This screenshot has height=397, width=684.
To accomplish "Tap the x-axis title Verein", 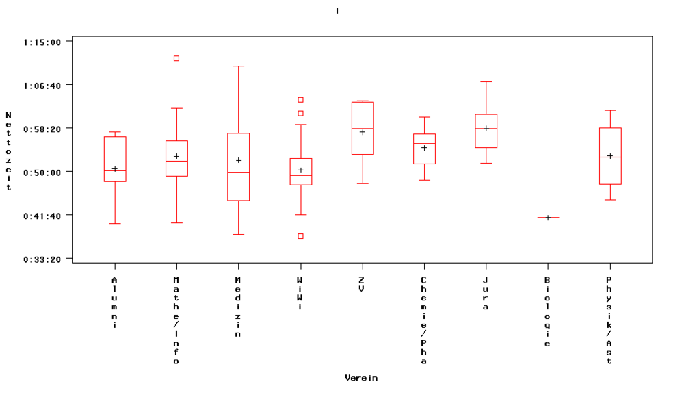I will [361, 378].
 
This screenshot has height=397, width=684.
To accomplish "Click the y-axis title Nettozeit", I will [8, 151].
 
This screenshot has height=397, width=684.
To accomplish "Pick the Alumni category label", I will [115, 303].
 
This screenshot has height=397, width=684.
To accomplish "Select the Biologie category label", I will [548, 311].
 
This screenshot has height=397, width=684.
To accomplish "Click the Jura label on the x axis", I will [486, 294].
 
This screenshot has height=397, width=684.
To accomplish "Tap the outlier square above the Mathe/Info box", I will [176, 58].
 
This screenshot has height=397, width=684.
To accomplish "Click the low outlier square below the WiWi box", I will [300, 236].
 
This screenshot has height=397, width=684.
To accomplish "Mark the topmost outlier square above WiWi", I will [300, 100].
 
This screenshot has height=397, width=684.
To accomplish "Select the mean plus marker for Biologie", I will [548, 218].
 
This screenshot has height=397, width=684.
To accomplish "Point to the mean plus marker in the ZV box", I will [363, 132].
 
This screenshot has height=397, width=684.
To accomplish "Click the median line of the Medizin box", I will [238, 172].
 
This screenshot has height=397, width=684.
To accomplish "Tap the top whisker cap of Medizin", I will [238, 66].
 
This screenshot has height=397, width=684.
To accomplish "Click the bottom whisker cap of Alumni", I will [115, 223].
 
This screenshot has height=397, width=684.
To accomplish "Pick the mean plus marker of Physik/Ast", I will [610, 156].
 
